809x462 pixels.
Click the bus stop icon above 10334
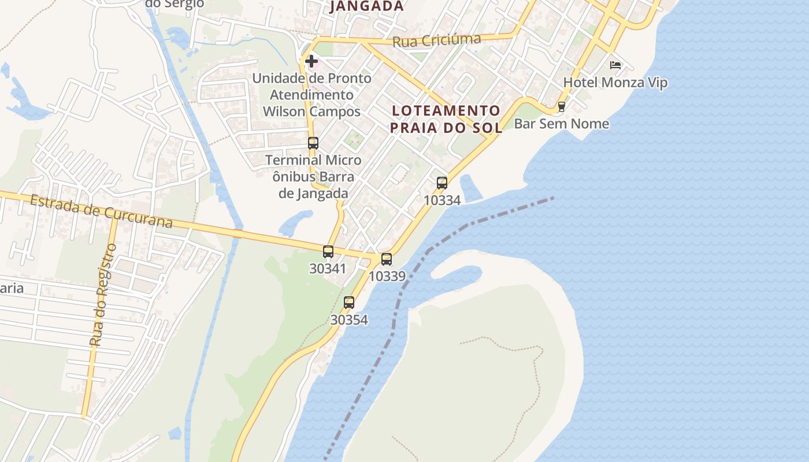[442, 183]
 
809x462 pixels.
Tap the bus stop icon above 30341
[328, 252]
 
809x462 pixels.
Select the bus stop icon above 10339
[387, 259]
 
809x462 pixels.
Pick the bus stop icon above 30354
[349, 302]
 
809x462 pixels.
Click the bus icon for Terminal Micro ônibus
[313, 143]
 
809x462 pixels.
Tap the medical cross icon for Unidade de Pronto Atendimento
[311, 61]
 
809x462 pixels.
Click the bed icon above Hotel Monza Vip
[615, 65]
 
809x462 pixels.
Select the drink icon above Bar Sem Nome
[561, 107]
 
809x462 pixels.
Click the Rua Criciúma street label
[436, 40]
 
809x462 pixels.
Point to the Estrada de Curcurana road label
[101, 211]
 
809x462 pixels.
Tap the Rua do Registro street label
[103, 295]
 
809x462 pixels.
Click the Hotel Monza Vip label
[615, 83]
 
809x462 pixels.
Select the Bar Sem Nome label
[561, 124]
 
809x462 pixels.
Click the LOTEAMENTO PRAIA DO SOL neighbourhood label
[446, 119]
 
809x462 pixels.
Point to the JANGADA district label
[366, 6]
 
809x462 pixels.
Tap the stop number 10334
[442, 200]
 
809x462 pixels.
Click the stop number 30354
[349, 319]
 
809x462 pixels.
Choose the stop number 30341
[328, 269]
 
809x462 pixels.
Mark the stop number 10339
[387, 276]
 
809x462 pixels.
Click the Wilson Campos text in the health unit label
[311, 111]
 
